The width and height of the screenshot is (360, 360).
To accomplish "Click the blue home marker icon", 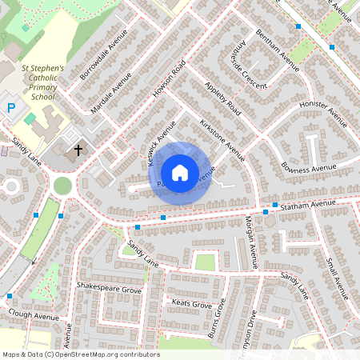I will pyautogui.click(x=180, y=173).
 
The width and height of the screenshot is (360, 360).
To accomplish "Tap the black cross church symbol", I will pyautogui.click(x=78, y=150).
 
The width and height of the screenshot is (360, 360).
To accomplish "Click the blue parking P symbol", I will pyautogui.click(x=11, y=106).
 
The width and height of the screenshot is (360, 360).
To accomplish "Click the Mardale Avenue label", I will pyautogui.click(x=111, y=93).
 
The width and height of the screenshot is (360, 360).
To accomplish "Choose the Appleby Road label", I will pyautogui.click(x=222, y=98).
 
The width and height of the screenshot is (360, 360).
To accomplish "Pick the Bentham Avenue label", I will pyautogui.click(x=277, y=50).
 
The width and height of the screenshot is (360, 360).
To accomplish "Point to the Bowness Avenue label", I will pyautogui.click(x=310, y=169).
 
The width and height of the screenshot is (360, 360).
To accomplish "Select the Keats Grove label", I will pyautogui.click(x=192, y=304).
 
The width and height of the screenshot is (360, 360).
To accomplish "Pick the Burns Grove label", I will pyautogui.click(x=218, y=318).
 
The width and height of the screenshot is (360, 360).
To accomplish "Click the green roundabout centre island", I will pyautogui.click(x=62, y=186).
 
